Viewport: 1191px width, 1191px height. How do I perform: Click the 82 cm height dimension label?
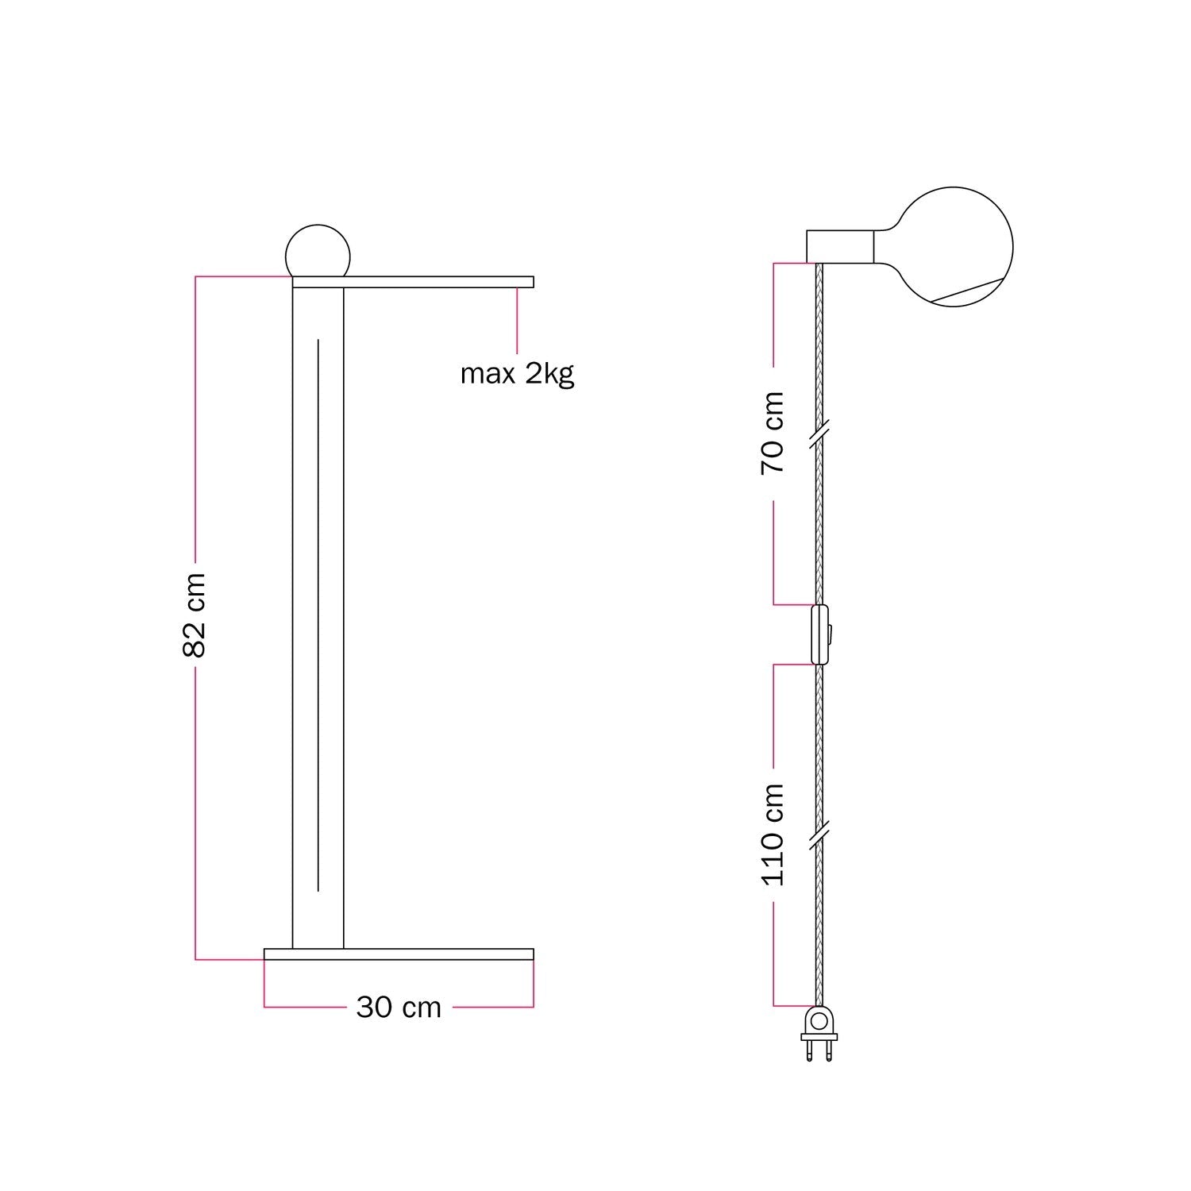point(195,615)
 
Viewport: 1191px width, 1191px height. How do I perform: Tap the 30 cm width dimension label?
point(399,1008)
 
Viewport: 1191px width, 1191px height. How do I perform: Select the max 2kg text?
point(517,373)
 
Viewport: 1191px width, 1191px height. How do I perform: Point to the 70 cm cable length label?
point(773,433)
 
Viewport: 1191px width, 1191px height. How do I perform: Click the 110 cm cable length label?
point(773,834)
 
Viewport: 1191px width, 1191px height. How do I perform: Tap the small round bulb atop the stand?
point(318,250)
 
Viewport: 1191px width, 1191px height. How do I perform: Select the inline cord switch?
point(820,634)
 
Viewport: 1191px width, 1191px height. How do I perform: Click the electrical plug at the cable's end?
point(819,1034)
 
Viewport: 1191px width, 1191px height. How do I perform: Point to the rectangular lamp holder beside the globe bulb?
point(841,246)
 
